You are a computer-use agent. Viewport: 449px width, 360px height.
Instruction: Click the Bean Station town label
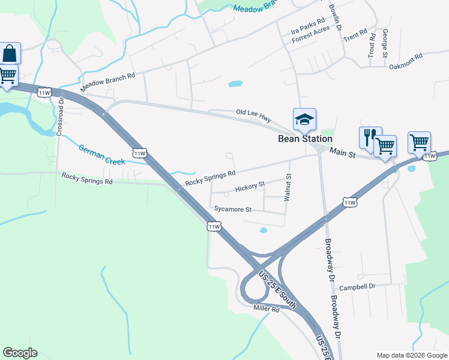click(304, 139)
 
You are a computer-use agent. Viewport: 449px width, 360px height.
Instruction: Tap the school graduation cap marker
click(304, 119)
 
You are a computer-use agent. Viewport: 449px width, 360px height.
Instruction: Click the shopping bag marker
click(10, 53)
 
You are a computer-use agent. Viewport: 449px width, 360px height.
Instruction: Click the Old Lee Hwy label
click(254, 113)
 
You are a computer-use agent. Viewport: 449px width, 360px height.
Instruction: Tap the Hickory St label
click(250, 187)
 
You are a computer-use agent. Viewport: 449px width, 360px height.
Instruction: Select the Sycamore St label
click(233, 209)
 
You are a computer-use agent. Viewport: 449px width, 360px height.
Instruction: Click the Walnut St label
click(289, 188)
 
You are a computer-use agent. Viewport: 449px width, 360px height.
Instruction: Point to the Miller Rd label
click(267, 309)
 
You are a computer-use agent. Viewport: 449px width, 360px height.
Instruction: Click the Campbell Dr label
click(357, 287)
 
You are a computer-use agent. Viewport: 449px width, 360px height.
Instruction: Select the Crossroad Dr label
click(60, 115)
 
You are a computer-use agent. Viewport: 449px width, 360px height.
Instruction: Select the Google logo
click(20, 353)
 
